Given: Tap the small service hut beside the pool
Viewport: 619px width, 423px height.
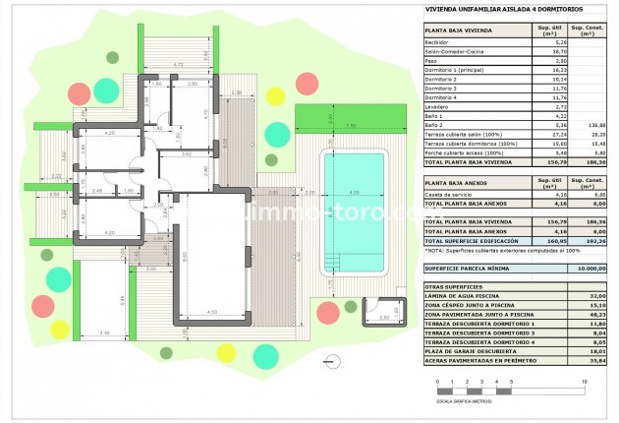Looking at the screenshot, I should tap(384, 313).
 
